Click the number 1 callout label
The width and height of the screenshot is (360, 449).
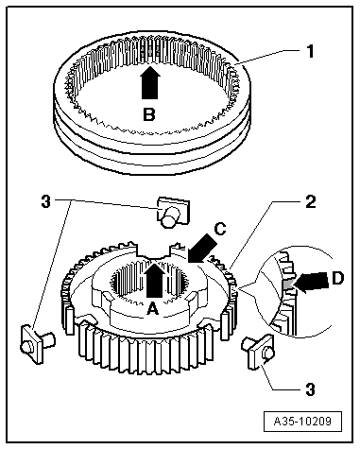click(311, 51)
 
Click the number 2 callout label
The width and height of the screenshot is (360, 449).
click(311, 201)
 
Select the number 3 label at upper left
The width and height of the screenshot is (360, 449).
click(46, 201)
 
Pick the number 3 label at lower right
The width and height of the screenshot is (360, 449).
click(311, 389)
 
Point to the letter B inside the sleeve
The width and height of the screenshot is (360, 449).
click(149, 114)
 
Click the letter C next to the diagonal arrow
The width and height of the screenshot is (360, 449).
click(220, 229)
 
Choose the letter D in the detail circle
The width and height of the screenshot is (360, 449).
click(337, 279)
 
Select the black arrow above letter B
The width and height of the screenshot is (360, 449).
click(150, 82)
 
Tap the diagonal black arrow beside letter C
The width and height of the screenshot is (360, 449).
click(201, 249)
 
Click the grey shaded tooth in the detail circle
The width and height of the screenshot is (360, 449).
click(287, 284)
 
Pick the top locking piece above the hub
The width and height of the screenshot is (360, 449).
click(172, 212)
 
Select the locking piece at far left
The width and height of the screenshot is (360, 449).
click(37, 345)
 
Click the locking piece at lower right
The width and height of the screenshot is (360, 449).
click(258, 352)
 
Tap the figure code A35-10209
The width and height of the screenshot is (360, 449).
click(302, 421)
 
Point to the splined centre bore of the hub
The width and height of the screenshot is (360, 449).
click(149, 284)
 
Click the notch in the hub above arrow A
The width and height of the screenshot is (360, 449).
click(154, 250)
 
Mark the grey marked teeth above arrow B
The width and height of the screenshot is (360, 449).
click(150, 50)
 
